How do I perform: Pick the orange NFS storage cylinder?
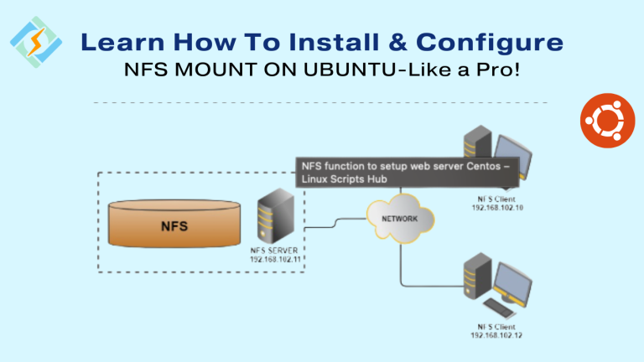(x=174, y=225)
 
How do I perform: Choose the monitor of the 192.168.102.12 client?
(x=516, y=286)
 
